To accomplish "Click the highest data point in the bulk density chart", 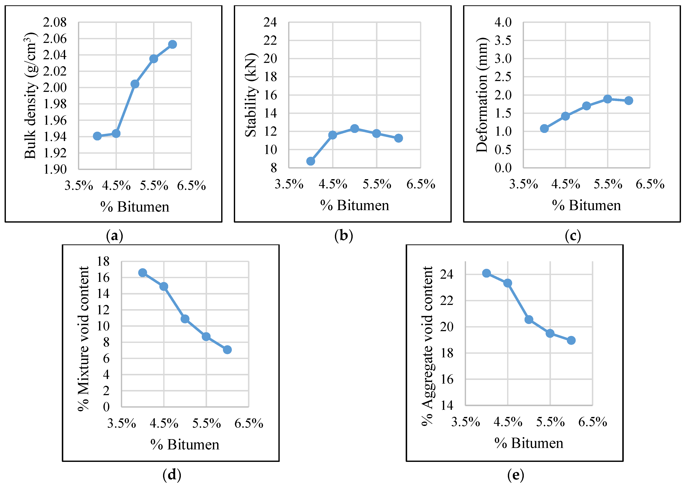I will click(x=172, y=44).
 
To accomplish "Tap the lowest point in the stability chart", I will click(x=311, y=161).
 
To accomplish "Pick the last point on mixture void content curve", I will click(x=227, y=350).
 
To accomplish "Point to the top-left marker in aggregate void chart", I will click(x=486, y=273).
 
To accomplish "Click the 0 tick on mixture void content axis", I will click(x=106, y=407).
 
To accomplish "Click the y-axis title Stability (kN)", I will click(x=251, y=95).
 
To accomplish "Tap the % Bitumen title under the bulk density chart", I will click(x=135, y=207).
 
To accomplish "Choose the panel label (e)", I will click(x=516, y=475).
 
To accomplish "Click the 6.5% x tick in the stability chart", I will click(x=421, y=184).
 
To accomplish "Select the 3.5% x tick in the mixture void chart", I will click(x=121, y=423).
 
